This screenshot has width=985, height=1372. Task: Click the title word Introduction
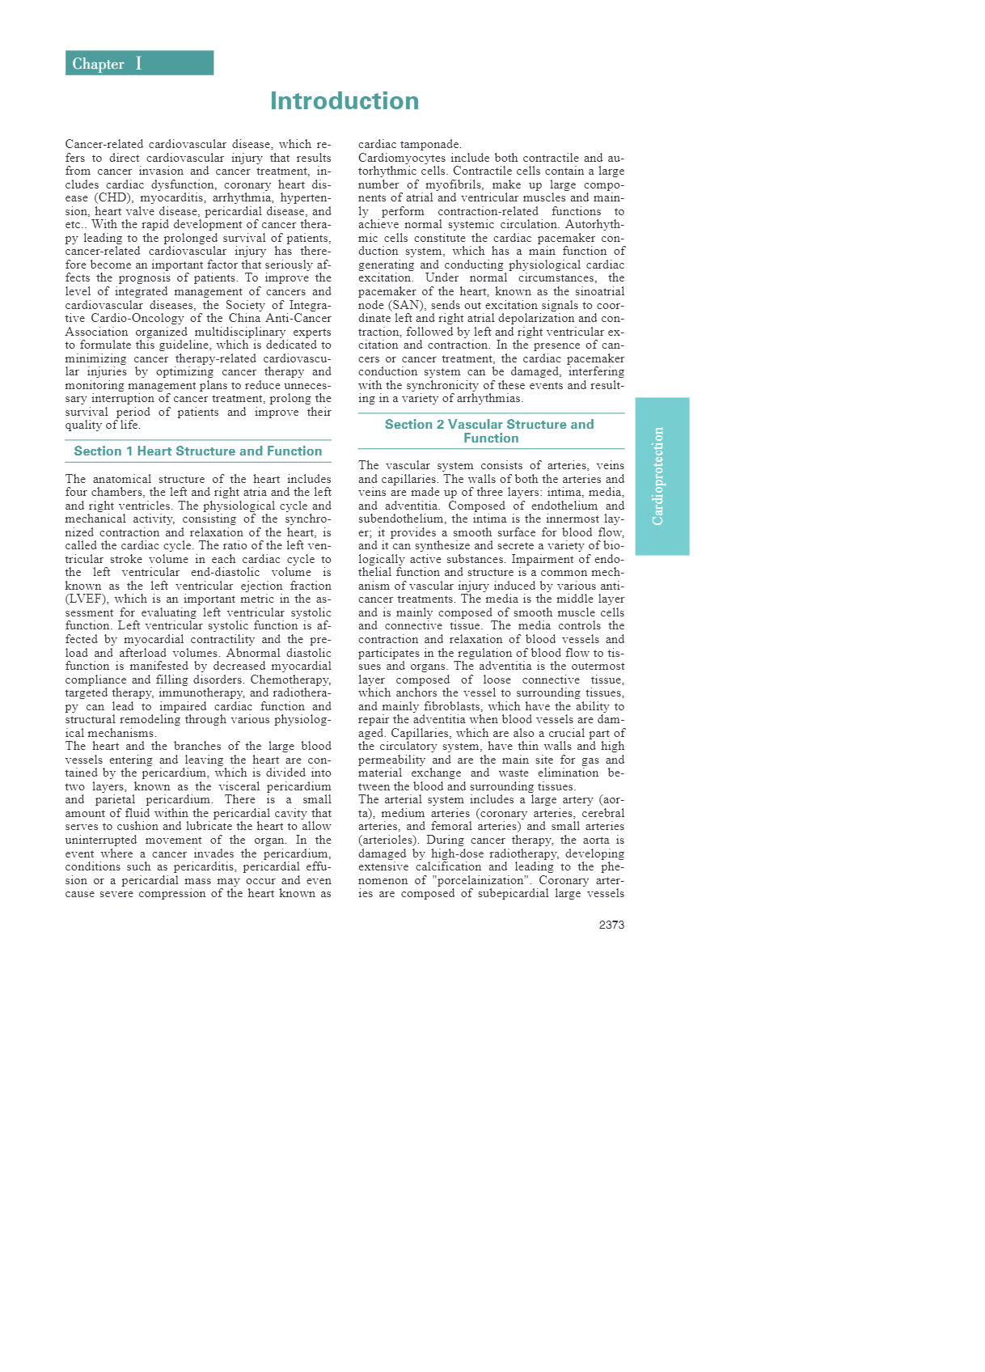345,101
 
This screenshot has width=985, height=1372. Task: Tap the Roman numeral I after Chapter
138,63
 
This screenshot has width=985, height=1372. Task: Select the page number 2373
611,925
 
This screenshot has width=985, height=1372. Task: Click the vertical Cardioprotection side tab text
658,476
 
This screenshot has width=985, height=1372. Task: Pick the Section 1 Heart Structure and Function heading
198,451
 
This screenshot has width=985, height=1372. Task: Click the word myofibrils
447,185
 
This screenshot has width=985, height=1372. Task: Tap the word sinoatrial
597,292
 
